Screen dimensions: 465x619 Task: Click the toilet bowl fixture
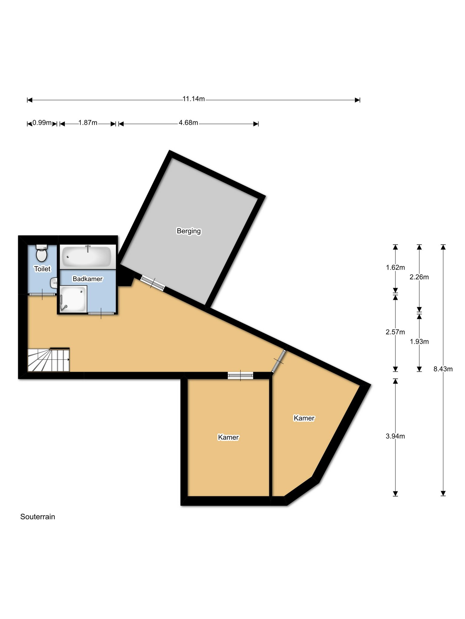coord(41,253)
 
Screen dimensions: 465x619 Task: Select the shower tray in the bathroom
coord(74,299)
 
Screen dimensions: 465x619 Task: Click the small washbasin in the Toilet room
coord(54,283)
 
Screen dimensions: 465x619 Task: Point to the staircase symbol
coord(49,360)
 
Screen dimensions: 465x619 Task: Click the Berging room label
coord(189,231)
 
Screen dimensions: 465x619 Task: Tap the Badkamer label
coord(87,279)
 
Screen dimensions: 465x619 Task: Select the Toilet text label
coord(42,269)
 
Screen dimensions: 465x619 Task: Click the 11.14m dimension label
coord(194,99)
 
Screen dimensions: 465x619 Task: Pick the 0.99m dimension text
coord(42,123)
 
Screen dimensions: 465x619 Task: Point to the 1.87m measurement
coord(88,123)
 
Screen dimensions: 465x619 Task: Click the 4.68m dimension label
coord(188,123)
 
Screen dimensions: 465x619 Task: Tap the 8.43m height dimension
coord(443,369)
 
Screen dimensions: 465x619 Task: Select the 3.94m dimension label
coord(395,436)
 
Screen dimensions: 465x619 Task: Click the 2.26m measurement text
coord(419,277)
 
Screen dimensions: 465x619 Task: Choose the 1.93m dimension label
coord(419,342)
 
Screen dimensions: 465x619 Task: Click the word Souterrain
coord(38,517)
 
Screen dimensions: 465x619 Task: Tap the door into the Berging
coord(153,284)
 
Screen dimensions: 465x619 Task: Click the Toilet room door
coord(42,294)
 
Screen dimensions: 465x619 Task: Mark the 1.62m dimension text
coord(395,267)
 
